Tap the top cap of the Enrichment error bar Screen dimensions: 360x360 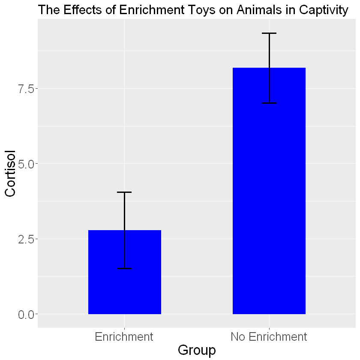[124, 192]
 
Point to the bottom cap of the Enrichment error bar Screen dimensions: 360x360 [124, 268]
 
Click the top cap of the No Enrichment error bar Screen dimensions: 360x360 [269, 33]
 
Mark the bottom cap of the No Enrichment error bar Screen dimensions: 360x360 [269, 103]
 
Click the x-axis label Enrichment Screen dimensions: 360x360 [124, 337]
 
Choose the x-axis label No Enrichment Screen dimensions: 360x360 [269, 337]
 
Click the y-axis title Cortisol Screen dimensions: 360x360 [10, 173]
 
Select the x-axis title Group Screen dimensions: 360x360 [197, 351]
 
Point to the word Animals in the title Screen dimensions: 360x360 [254, 10]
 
